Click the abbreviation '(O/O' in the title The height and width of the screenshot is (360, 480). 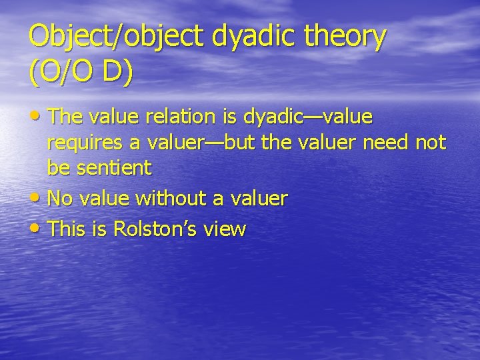coord(63,72)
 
